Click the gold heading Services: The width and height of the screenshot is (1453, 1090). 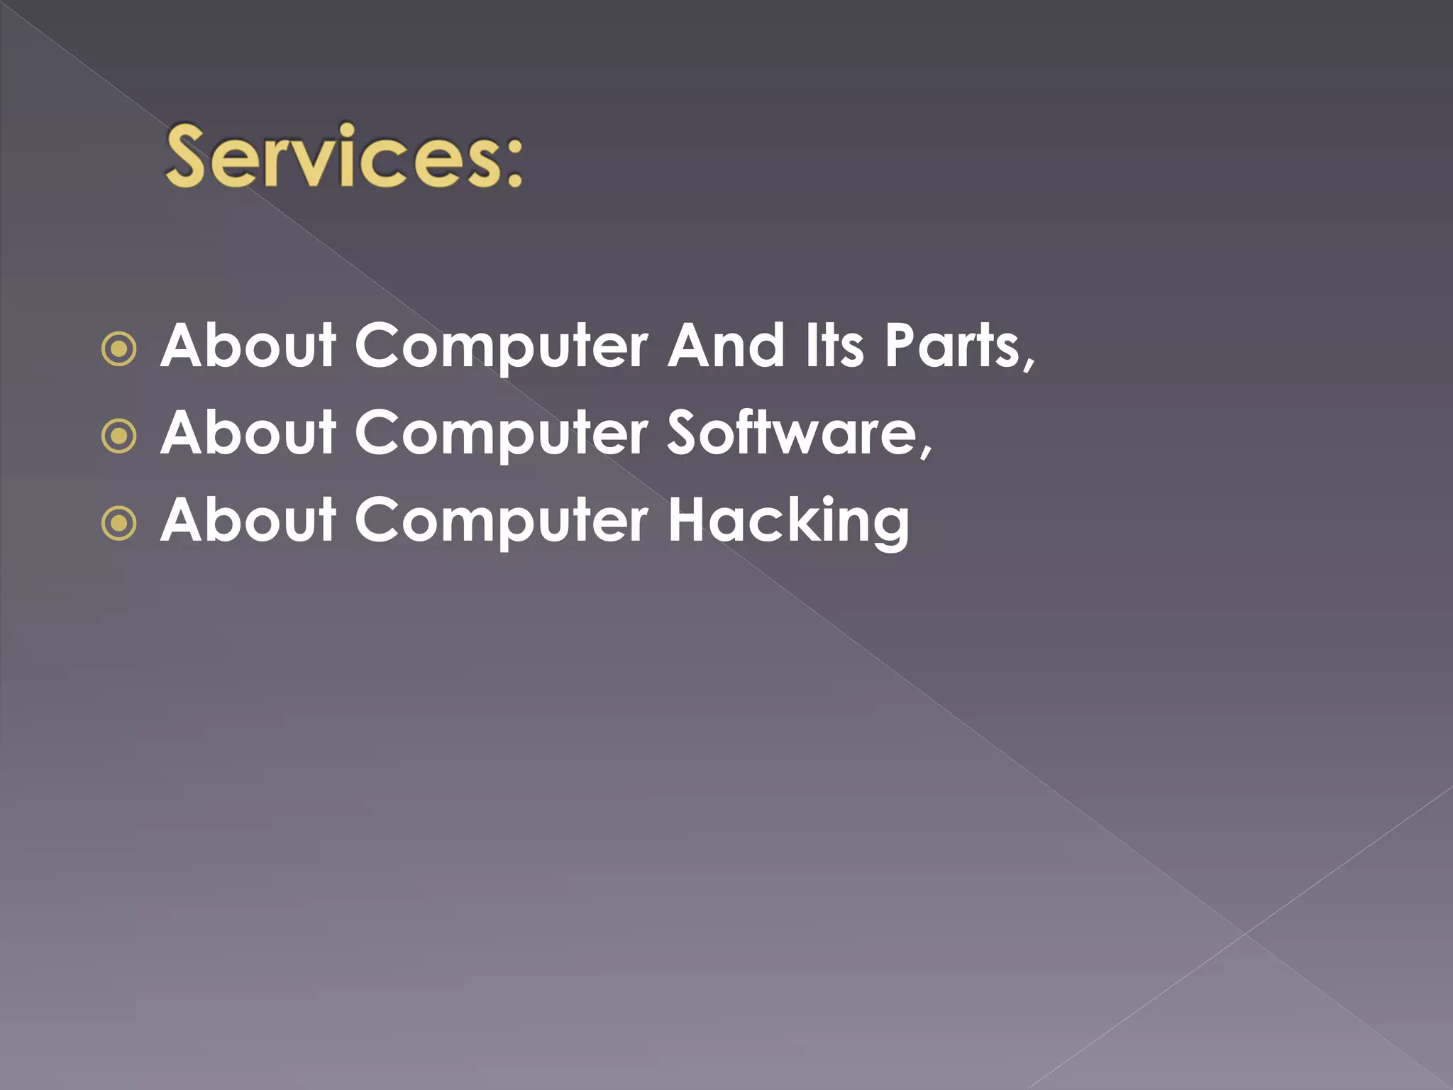pos(344,156)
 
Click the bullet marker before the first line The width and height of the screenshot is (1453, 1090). pos(119,349)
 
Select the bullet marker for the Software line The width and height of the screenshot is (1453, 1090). pos(119,436)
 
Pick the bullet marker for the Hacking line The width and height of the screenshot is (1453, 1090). pos(119,524)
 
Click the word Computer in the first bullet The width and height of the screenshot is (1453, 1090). pos(501,348)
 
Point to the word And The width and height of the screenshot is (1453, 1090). pos(725,346)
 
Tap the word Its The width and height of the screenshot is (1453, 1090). pos(834,346)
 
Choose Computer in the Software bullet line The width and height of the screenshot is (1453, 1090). pos(501,435)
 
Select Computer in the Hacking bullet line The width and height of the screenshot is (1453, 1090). pos(501,522)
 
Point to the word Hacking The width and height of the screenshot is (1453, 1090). pos(788,522)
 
